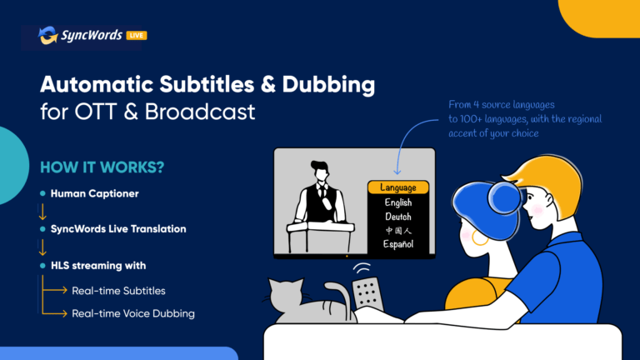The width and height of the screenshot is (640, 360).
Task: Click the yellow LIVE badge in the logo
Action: click(x=137, y=36)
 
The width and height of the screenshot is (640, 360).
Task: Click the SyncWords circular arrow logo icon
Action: click(x=48, y=35)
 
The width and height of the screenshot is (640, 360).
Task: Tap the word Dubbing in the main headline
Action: click(x=328, y=85)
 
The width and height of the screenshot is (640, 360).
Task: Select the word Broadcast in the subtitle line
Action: click(x=200, y=112)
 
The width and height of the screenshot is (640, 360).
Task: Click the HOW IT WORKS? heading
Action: click(x=102, y=167)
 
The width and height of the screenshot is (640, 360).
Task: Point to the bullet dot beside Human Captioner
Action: click(x=42, y=193)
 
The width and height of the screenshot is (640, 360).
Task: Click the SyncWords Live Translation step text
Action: click(x=118, y=229)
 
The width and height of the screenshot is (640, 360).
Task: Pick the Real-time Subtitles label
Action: click(x=119, y=291)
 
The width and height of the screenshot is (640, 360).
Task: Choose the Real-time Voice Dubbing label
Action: click(x=133, y=313)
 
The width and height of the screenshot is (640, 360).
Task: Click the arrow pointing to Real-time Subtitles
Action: click(x=54, y=290)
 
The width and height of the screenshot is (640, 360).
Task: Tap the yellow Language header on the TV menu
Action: click(x=398, y=187)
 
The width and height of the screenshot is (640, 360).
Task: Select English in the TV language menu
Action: click(x=398, y=202)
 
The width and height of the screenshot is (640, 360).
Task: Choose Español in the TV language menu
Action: click(x=398, y=244)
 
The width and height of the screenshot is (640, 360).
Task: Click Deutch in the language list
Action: click(x=398, y=217)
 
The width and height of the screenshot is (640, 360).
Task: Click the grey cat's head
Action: click(x=286, y=295)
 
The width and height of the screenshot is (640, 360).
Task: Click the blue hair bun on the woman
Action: click(x=504, y=198)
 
